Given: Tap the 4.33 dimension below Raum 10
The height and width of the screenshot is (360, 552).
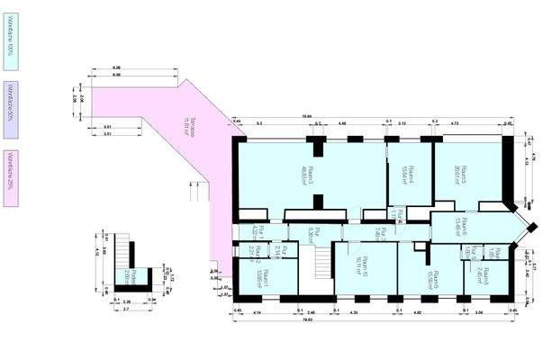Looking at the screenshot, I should click(353, 311).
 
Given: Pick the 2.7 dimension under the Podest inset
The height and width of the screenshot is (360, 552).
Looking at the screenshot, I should click(127, 309).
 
